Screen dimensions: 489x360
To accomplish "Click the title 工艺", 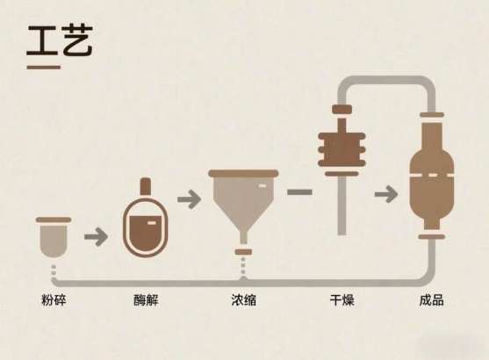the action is coord(60,40).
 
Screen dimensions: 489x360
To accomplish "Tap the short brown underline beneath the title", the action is coord(44,67).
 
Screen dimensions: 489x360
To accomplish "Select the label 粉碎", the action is coord(54,300).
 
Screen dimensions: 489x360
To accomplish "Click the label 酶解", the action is coord(146,300).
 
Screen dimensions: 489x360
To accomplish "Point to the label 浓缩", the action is coord(244,300).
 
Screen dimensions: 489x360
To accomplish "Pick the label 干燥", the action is coord(342,300).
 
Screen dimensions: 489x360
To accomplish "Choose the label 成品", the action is coord(432,300).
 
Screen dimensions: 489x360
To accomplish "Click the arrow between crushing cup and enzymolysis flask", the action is coord(96,237).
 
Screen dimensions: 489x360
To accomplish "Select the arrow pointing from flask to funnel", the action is coord(189,199).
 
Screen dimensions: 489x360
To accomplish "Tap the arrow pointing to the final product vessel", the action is coord(386,194).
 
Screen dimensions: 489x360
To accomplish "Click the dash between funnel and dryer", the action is coord(299,192).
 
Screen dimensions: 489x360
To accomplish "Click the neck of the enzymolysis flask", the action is coord(146,187).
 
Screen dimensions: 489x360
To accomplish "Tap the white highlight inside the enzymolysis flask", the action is coord(151,223).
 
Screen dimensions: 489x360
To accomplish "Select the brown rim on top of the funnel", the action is coord(243,174).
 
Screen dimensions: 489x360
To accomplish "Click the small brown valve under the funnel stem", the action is coord(243,252).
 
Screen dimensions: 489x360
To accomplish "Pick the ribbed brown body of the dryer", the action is coord(342,149).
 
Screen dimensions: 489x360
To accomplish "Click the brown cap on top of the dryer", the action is coord(342,109).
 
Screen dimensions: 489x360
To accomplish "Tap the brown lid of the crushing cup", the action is coord(54,220).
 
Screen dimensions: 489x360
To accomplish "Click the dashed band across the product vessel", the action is coord(432,176).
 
